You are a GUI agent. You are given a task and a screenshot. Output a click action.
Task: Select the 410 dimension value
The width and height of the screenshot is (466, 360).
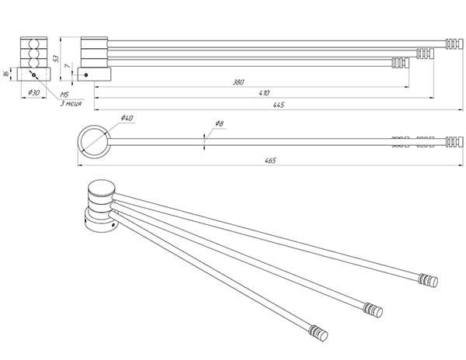click(265, 92)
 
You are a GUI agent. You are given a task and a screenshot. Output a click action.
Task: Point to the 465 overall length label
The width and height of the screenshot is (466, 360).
click(270, 160)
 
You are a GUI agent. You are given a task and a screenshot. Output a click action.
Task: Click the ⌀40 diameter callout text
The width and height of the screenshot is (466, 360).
click(127, 117)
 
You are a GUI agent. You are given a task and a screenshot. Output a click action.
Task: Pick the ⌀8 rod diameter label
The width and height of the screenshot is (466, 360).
click(219, 123)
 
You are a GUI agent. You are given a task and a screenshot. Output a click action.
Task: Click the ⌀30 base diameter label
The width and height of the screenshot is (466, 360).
click(33, 92)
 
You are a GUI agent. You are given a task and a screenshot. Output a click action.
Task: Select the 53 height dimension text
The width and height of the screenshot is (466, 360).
click(57, 59)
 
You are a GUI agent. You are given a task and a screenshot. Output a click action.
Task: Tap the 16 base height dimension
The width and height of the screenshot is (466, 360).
click(6, 74)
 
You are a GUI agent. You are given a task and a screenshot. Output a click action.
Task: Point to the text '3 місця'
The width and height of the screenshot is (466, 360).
click(75, 102)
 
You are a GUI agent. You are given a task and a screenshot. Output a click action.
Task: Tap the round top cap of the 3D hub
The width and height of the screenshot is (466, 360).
click(101, 187)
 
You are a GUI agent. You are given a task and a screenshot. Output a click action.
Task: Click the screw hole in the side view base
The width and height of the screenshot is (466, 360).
click(85, 74)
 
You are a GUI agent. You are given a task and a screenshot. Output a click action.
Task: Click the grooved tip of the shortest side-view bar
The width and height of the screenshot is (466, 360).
click(401, 62)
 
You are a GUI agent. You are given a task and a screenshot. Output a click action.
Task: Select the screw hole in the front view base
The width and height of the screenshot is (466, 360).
click(34, 74)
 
